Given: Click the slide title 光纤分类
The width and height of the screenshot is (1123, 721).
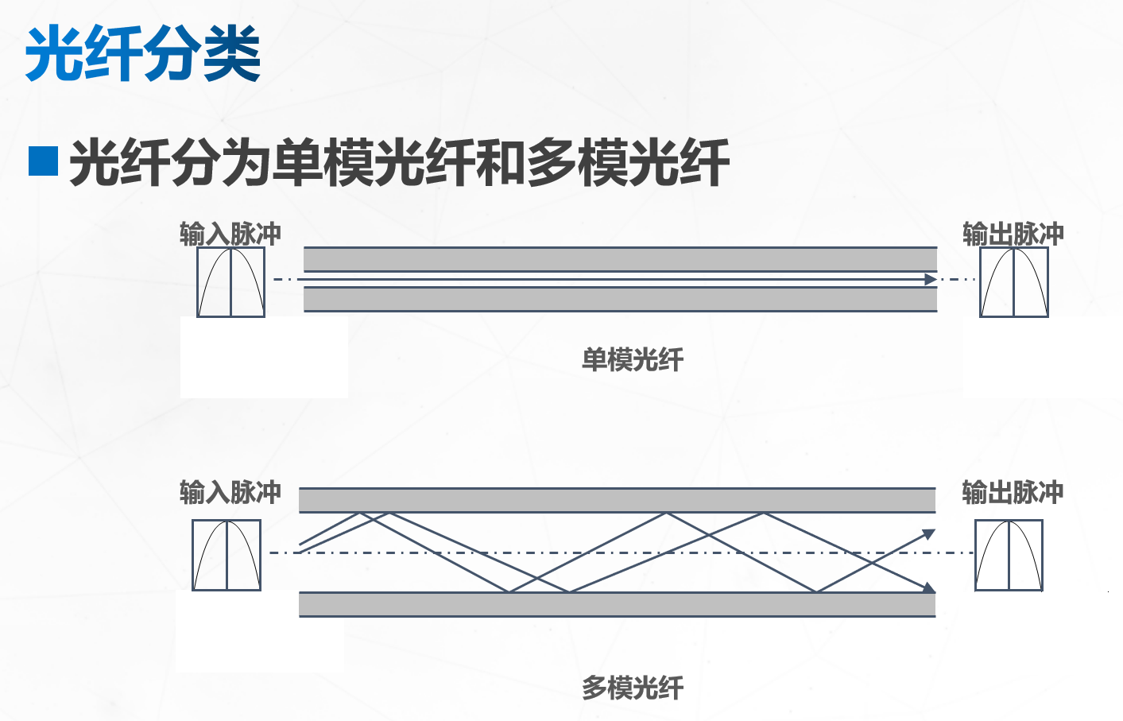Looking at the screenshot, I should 143,53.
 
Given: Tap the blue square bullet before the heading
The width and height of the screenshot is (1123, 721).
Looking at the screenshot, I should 43,161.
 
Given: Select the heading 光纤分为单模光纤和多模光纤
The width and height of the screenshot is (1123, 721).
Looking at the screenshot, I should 399,162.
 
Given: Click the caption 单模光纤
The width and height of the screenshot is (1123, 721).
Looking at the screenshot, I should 632,359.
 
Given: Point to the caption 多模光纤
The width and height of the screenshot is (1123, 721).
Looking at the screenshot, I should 632,688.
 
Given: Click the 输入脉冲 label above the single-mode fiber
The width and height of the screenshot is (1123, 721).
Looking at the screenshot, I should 230,234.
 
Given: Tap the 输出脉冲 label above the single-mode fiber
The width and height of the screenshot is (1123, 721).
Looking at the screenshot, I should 1013,234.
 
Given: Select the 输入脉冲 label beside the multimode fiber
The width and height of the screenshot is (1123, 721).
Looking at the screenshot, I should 230,492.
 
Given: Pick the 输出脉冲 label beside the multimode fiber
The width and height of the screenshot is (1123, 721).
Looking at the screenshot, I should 1012,492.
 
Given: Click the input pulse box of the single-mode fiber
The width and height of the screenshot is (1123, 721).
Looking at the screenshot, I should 230,282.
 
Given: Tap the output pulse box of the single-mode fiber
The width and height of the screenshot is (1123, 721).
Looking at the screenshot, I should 1013,282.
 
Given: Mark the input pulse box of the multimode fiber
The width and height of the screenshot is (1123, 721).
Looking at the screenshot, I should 227,555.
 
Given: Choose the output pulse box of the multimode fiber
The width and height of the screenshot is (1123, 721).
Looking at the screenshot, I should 1009,555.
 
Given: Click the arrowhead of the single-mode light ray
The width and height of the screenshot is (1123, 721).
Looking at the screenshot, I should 930,280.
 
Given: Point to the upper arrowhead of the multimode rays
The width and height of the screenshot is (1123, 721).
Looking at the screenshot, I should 928,534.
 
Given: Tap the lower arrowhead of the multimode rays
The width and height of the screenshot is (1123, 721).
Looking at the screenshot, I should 928,587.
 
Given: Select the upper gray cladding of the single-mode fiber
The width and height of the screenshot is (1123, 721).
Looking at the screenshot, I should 620,259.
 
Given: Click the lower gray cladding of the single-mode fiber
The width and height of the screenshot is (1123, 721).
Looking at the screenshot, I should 620,299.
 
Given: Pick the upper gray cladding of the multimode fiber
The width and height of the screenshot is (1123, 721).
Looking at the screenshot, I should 617,500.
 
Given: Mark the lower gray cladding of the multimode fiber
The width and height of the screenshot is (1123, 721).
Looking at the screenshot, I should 617,604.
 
